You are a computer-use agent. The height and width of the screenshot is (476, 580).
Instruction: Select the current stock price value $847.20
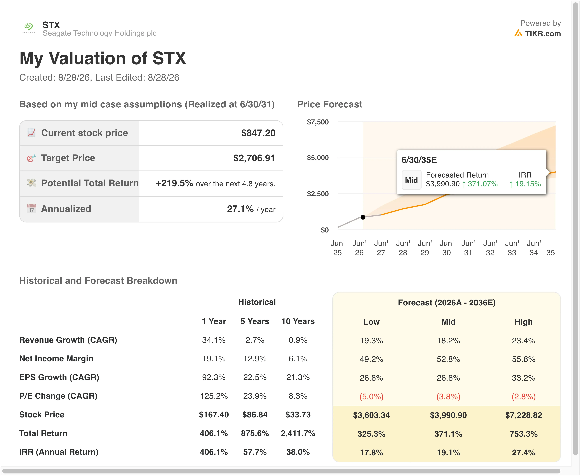(x=258, y=133)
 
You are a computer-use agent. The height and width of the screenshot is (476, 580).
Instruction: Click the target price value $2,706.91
(x=254, y=158)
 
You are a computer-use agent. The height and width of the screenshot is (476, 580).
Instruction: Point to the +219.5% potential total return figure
(x=174, y=183)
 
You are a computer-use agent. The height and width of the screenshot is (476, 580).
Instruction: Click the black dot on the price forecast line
(x=363, y=217)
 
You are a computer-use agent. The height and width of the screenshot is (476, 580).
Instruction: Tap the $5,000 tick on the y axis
(x=318, y=158)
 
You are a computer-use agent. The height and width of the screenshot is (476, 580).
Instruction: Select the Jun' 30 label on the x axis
(x=446, y=248)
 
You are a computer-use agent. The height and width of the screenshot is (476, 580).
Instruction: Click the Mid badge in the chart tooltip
(x=411, y=180)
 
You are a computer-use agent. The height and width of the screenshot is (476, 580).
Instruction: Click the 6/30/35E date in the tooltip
(x=419, y=160)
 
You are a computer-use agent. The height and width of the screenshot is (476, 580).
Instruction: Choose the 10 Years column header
(x=298, y=321)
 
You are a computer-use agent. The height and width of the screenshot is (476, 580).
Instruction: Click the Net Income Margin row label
(x=56, y=359)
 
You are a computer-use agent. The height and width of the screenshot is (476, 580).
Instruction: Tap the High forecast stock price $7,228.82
(x=524, y=415)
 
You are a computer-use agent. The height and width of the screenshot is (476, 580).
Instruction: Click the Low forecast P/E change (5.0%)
(x=371, y=396)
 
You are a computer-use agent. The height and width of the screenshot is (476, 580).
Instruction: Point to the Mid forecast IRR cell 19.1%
(x=448, y=452)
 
